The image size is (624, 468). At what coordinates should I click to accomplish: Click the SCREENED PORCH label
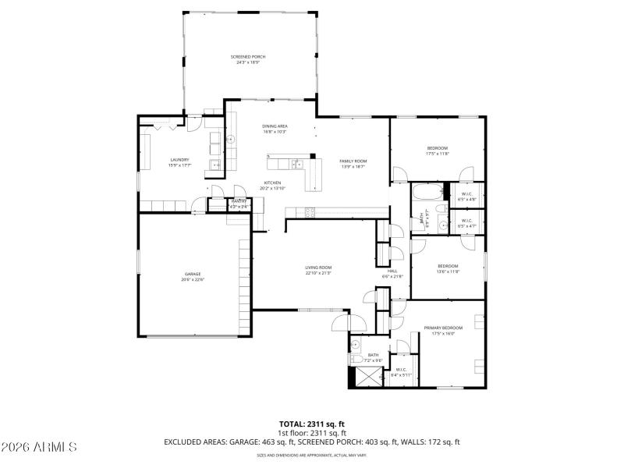(x=248, y=57)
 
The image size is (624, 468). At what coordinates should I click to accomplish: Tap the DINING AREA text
(x=275, y=126)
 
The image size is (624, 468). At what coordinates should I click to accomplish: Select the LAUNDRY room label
(x=179, y=160)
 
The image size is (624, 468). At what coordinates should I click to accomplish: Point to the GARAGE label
(x=193, y=274)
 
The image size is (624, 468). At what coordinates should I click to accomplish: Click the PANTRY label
(x=239, y=201)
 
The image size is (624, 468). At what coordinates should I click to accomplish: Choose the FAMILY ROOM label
(x=353, y=161)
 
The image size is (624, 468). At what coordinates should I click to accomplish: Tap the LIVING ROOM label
(x=318, y=268)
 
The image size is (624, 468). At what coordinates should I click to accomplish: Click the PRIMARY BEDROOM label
(x=443, y=328)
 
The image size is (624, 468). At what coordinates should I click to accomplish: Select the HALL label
(x=392, y=271)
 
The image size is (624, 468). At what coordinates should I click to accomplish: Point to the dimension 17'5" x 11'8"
(x=437, y=154)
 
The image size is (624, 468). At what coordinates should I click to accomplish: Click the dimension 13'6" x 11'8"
(x=448, y=271)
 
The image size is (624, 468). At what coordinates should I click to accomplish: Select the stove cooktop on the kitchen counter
(x=310, y=212)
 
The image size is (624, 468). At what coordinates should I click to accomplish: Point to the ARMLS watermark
(x=39, y=448)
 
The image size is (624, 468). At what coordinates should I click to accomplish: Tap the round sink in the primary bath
(x=356, y=343)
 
